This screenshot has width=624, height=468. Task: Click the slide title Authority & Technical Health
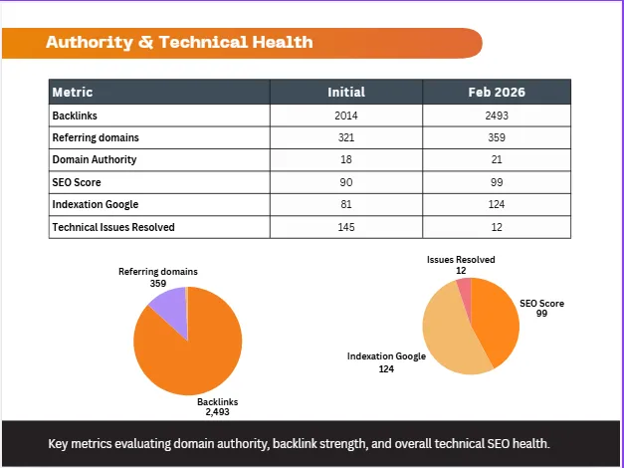click(x=179, y=42)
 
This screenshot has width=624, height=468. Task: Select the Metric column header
click(x=73, y=92)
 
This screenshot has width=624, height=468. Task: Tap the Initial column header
click(x=346, y=92)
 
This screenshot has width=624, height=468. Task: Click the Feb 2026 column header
click(x=497, y=92)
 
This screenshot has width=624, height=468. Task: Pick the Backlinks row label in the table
click(x=75, y=116)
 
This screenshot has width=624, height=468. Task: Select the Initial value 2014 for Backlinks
click(x=346, y=116)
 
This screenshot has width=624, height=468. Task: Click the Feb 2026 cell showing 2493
click(x=497, y=116)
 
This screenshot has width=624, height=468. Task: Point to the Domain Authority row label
click(x=95, y=159)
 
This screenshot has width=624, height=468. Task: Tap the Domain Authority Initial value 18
click(x=346, y=159)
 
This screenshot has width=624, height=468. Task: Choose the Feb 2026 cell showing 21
click(x=497, y=159)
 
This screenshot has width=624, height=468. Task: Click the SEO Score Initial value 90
click(x=346, y=182)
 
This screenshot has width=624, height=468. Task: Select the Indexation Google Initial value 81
click(x=346, y=204)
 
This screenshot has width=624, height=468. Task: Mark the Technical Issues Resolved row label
click(x=113, y=227)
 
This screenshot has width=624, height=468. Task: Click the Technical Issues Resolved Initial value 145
click(x=346, y=227)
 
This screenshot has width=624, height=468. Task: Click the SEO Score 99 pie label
click(x=541, y=309)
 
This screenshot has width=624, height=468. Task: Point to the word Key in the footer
click(x=56, y=444)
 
